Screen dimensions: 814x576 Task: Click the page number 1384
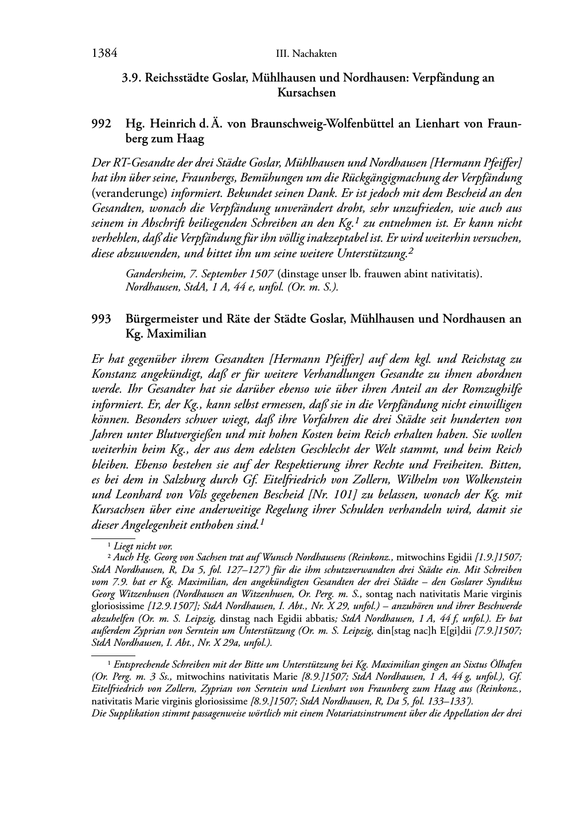104,53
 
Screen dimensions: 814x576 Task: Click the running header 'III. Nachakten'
306,54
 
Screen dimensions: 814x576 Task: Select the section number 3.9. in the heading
132,77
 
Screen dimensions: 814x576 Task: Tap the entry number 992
101,124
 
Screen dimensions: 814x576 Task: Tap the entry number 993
101,319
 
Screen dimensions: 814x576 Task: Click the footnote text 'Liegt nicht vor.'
143,546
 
